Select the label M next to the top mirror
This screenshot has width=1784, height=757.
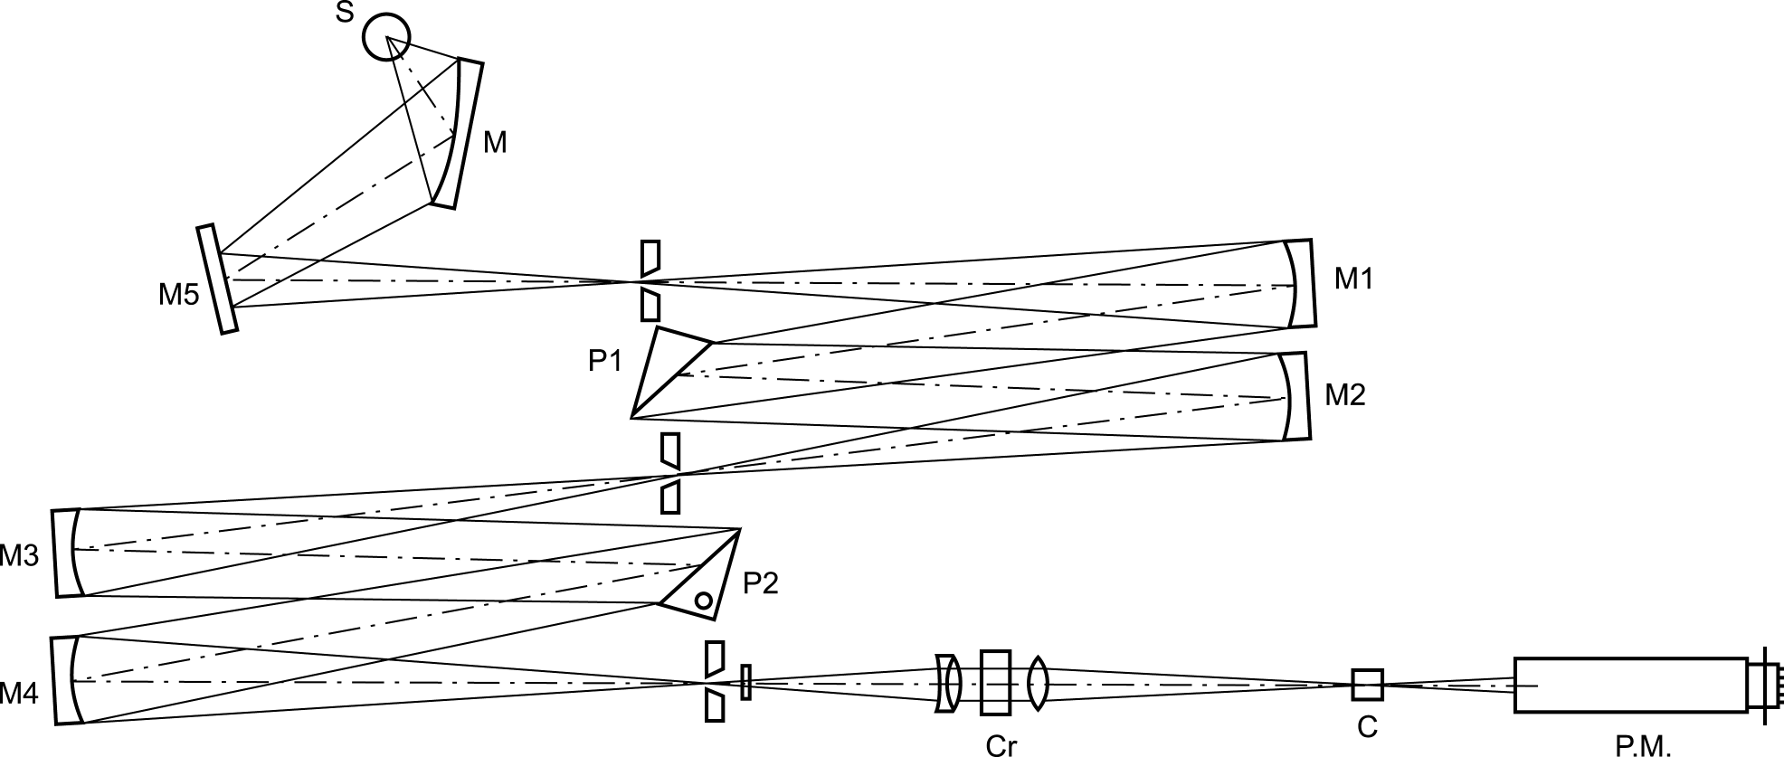click(495, 142)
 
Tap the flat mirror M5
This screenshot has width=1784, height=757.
click(217, 279)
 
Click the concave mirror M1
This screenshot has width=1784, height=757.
click(1300, 282)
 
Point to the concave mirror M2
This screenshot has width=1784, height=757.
click(1295, 396)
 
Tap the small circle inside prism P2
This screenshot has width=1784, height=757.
click(703, 600)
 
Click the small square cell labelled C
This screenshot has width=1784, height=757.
click(1367, 685)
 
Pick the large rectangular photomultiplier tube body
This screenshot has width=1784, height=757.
click(1631, 685)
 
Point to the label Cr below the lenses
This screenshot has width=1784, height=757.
click(1000, 745)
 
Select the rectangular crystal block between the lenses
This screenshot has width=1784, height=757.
click(995, 682)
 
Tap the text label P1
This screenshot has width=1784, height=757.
click(605, 361)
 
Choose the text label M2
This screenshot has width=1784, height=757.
click(1345, 395)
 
